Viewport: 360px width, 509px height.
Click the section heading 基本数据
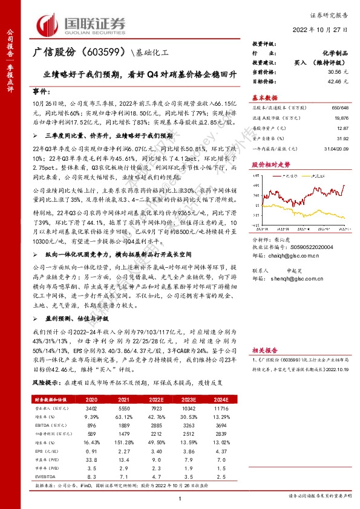click(265, 97)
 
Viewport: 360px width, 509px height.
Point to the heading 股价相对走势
click(267, 163)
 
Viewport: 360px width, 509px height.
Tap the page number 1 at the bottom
click(180, 498)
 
